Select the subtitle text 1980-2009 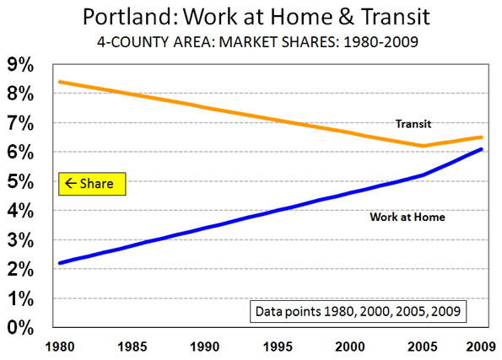pos(381,42)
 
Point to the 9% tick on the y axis pos(20,65)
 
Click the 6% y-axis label pos(20,153)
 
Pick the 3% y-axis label pos(20,240)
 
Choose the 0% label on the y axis pos(20,328)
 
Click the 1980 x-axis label pos(60,347)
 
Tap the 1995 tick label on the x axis pos(278,347)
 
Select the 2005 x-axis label pos(423,347)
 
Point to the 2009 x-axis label pos(481,347)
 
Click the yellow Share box pos(92,184)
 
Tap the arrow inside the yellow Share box pos(71,183)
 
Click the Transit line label pos(413,124)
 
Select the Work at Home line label pos(408,217)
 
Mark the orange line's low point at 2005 pos(423,146)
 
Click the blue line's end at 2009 pos(481,149)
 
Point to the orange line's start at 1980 pos(60,83)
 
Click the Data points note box pos(358,311)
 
